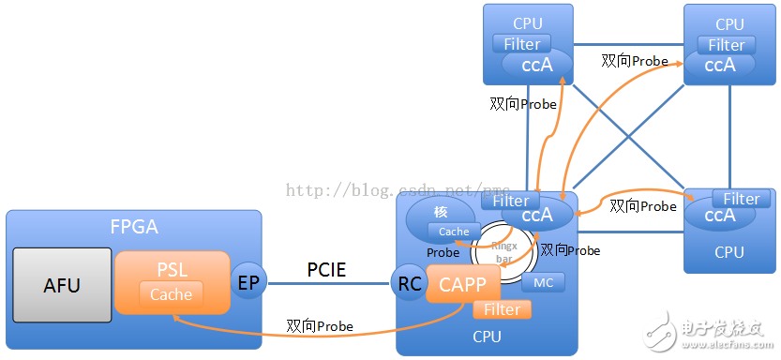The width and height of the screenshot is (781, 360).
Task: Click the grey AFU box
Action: coord(62,286)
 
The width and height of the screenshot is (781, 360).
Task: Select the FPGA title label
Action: coord(133,228)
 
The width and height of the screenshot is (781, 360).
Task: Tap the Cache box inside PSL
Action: coord(172,294)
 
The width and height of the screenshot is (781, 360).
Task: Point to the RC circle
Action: coord(410,285)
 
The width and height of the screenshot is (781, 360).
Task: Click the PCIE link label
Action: coord(326,270)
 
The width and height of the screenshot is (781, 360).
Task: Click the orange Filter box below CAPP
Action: coord(502,308)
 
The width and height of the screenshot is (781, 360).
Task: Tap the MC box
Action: coord(543,282)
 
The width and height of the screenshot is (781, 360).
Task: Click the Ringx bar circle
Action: coord(502,248)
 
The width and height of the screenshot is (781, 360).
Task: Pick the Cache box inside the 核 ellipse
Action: coord(454,232)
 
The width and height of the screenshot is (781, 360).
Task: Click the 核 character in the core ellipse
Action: coord(441,212)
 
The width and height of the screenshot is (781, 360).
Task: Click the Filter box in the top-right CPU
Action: coord(727,44)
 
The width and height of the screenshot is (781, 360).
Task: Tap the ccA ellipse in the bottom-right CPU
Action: coord(714,216)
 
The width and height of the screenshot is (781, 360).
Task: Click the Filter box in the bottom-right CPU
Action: coord(741,199)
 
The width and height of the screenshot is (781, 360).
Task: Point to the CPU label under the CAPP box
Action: coord(486,336)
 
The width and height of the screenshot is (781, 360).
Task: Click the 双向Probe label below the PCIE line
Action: coord(320,326)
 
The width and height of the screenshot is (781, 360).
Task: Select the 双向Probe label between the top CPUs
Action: coord(635,61)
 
